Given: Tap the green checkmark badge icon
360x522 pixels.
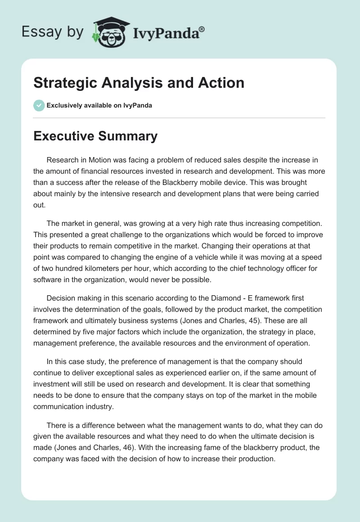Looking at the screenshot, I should (39, 105).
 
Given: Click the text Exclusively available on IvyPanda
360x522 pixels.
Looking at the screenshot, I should (99, 105).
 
